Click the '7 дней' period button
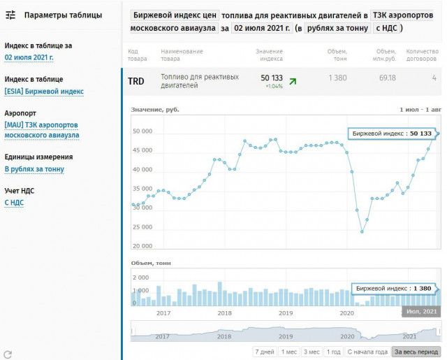tap(264, 352)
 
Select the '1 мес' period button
tap(288, 352)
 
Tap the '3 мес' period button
tap(312, 352)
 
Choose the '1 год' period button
tap(334, 352)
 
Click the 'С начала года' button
tap(367, 352)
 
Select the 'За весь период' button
tap(416, 352)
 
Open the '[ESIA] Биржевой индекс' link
tap(44, 91)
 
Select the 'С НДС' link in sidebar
tap(15, 203)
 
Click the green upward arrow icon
tap(293, 81)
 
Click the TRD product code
tap(136, 81)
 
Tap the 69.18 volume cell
tap(387, 78)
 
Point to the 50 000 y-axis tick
tap(142, 131)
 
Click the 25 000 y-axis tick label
tap(142, 227)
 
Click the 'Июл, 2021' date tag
tap(420, 311)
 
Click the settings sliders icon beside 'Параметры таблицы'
tap(10, 15)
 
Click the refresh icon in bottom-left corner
tap(8, 354)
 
